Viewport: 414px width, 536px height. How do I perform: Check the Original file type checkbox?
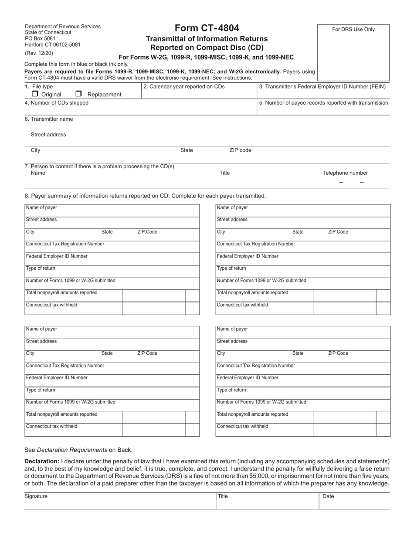35,94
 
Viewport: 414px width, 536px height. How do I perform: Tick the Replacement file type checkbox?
78,94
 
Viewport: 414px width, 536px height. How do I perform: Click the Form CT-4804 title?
207,28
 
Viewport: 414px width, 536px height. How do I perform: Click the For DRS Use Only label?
353,30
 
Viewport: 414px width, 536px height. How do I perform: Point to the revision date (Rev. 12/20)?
39,53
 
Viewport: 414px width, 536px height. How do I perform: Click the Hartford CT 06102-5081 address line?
52,44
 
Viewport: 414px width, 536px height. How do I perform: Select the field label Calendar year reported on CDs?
184,87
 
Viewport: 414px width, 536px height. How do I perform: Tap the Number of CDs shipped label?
56,103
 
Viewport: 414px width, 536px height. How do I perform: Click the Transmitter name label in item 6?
49,119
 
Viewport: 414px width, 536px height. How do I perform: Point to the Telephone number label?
345,173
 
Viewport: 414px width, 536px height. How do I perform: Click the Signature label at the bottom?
36,496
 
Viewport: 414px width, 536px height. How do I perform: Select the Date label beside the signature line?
328,496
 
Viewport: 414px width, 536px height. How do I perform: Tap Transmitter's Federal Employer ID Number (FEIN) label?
322,87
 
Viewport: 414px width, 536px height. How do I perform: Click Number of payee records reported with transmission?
323,103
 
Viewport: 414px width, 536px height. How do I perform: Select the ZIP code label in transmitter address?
240,150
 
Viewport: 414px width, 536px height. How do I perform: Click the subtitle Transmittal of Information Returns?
207,39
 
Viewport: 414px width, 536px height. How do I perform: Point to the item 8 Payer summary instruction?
145,196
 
